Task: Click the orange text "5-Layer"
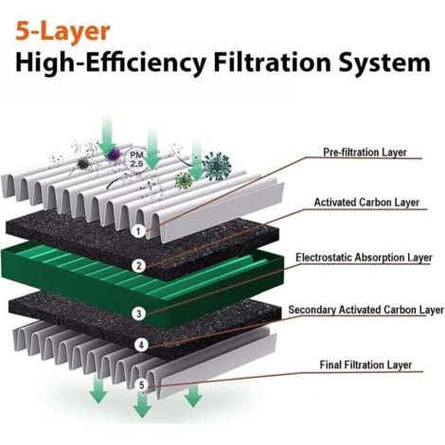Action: pos(62,32)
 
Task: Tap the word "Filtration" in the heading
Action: pos(272,62)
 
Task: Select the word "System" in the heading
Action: pos(384,63)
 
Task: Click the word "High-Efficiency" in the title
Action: pos(111,63)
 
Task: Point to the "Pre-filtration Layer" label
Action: pos(365,152)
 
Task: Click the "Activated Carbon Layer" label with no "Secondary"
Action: pos(366,203)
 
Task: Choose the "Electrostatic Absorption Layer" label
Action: pos(364,258)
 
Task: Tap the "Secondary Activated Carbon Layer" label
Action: pos(365,310)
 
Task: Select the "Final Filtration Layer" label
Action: pos(365,365)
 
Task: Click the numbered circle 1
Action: pos(138,232)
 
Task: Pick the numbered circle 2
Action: pos(139,266)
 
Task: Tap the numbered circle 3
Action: pos(139,313)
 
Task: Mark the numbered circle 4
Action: pos(141,345)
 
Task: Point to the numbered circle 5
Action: pos(142,385)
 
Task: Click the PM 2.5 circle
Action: pos(136,159)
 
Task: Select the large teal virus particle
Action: pos(217,167)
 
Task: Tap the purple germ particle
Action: pos(114,153)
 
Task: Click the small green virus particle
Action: pos(184,181)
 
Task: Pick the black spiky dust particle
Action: pos(82,163)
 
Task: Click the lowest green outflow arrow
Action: pos(142,405)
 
